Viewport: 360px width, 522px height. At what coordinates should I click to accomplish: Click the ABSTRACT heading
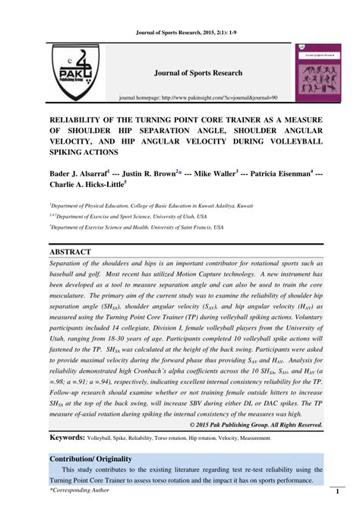click(71, 252)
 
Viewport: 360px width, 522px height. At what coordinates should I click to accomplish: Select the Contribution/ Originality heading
click(93, 460)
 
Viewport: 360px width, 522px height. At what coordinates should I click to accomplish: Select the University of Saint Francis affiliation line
click(136, 226)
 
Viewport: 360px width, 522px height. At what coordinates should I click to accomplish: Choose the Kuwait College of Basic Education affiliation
click(151, 205)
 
